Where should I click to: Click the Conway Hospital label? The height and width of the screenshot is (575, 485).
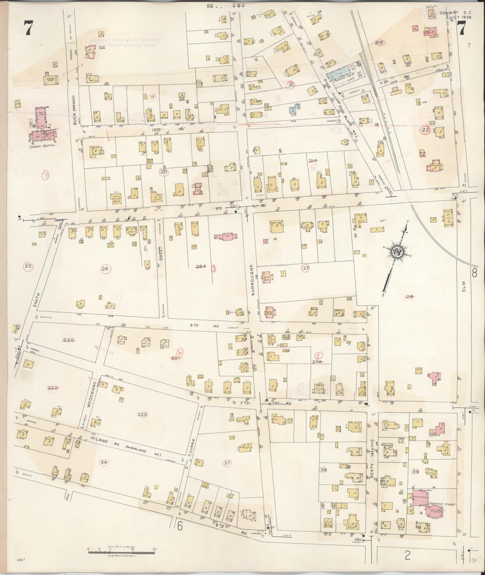(42, 146)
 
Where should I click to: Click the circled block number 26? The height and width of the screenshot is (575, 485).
(105, 269)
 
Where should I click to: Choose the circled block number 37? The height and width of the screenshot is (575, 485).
(227, 463)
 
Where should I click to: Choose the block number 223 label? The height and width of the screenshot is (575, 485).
(142, 415)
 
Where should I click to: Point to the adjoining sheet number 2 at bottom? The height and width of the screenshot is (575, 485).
(407, 556)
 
